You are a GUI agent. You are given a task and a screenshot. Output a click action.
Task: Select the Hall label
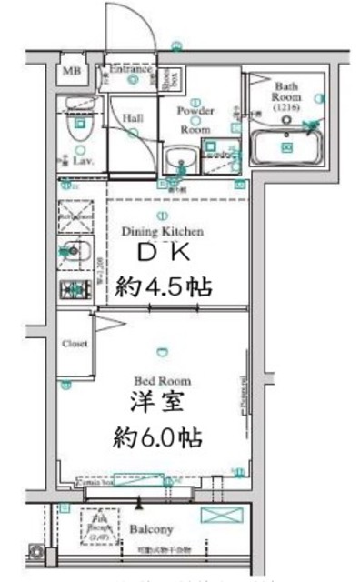click(130, 117)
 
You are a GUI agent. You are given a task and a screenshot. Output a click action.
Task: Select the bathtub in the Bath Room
click(286, 145)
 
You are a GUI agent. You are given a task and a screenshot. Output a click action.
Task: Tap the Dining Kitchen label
click(163, 231)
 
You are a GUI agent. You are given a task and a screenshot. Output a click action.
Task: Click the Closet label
click(75, 345)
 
